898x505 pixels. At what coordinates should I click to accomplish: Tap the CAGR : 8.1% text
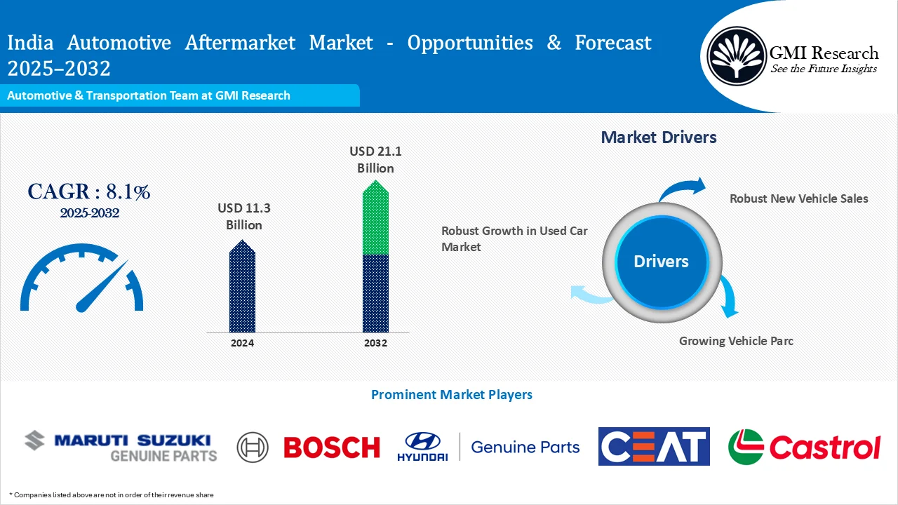click(88, 191)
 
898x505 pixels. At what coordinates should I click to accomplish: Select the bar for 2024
click(242, 288)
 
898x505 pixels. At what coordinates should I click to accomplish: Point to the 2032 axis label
click(375, 343)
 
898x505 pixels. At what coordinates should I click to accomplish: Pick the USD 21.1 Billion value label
click(375, 159)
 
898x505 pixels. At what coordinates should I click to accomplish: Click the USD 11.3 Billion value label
click(243, 216)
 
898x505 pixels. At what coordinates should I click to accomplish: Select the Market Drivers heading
click(659, 137)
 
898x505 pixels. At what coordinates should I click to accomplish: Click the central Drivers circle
click(661, 262)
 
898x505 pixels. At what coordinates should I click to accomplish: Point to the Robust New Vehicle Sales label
click(798, 198)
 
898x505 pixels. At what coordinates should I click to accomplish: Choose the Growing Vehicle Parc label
click(736, 341)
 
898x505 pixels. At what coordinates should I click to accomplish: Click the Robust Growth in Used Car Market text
click(514, 238)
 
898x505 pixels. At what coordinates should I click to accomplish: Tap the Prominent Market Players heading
click(451, 395)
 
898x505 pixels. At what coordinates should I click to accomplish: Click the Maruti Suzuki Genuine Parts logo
click(121, 447)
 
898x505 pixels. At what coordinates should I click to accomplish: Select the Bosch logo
click(309, 447)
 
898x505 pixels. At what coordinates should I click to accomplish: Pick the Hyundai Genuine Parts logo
click(488, 447)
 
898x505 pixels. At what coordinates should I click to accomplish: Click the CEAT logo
click(653, 446)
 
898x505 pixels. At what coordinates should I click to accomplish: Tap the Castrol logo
click(804, 447)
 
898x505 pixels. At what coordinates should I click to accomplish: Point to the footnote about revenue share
click(112, 495)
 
